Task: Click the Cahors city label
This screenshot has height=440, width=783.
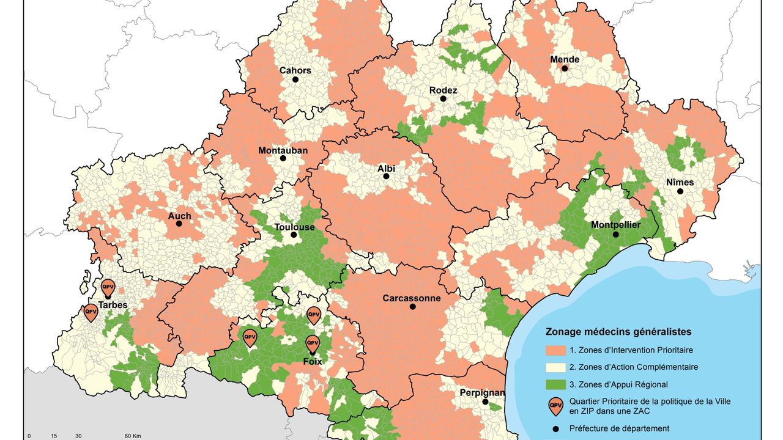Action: coord(295,70)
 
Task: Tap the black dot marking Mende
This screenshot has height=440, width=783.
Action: coord(565,68)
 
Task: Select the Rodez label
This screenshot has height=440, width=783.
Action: coord(443,90)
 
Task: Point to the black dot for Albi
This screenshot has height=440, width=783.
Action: coord(386,176)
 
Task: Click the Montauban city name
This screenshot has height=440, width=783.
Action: coord(283,150)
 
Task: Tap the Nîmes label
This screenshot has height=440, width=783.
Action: coord(680,182)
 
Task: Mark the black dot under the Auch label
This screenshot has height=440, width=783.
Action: coord(179,224)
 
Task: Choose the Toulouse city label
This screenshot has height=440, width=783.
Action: coord(294,227)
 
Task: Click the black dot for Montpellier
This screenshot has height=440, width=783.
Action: coord(616,234)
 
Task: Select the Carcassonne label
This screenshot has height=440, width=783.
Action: coord(411,298)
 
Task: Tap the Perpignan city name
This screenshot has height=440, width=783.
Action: coord(483,393)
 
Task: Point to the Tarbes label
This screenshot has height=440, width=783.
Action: coord(113,305)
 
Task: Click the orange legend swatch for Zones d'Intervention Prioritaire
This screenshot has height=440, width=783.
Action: coord(555,350)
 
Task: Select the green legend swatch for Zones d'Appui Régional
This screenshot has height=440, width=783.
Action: coord(555,384)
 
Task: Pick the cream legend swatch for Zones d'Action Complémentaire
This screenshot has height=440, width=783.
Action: coord(555,367)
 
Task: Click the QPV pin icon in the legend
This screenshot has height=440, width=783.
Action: coord(555,405)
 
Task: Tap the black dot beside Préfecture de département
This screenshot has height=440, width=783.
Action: coord(555,428)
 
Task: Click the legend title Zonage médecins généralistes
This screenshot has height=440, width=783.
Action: coord(618,332)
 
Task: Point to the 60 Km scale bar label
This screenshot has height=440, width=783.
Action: coord(133,436)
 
